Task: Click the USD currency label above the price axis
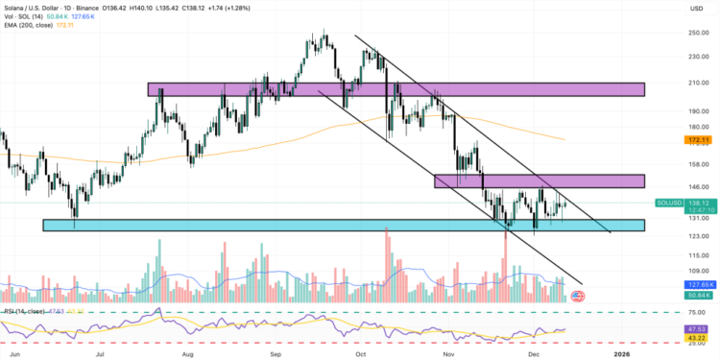[697, 9]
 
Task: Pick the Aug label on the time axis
[188, 352]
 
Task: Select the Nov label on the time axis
[448, 352]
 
